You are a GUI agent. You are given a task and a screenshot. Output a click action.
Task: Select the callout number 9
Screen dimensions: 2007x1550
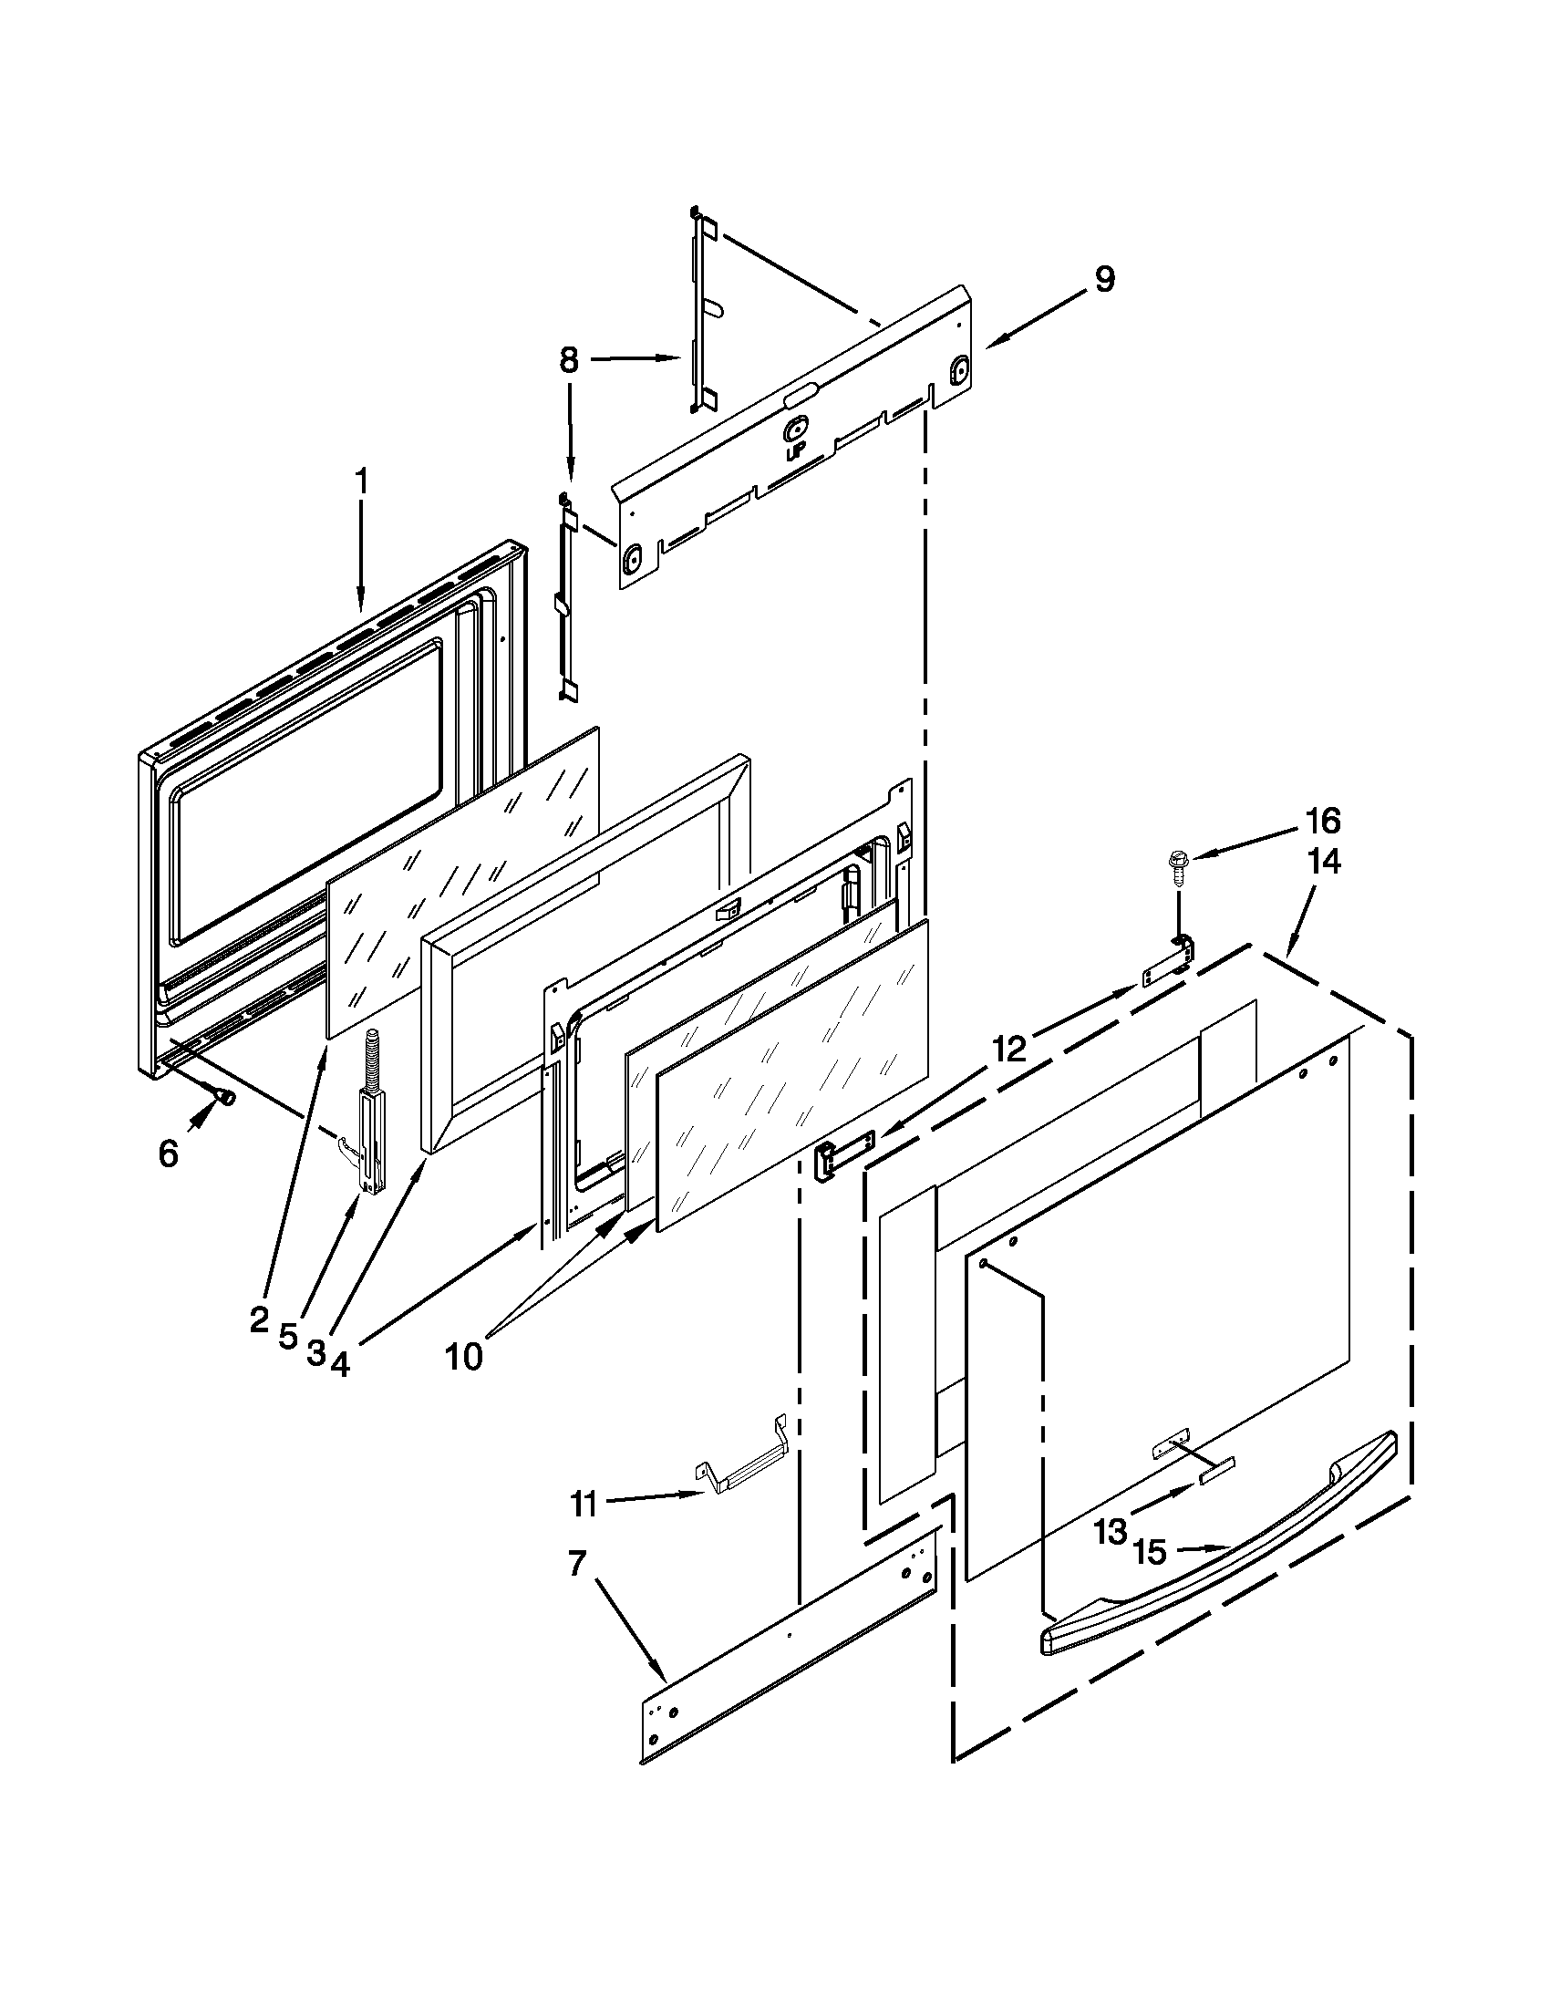coord(1104,279)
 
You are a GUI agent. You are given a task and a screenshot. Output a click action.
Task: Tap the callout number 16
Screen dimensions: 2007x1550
coord(1323,821)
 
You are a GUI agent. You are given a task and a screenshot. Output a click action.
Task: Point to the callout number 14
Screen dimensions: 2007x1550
coord(1323,862)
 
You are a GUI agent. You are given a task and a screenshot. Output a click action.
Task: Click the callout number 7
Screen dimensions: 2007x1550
coord(576,1563)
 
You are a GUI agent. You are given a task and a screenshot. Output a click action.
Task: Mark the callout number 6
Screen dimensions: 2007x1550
coord(167,1154)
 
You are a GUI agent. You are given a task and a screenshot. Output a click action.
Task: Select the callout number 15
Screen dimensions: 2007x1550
coord(1150,1553)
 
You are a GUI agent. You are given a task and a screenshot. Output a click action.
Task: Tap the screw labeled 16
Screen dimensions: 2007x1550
coord(1176,862)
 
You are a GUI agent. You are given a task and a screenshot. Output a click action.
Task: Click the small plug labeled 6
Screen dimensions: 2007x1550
coord(223,1095)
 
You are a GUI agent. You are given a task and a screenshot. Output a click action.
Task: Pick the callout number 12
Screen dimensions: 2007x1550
coord(1008,1049)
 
